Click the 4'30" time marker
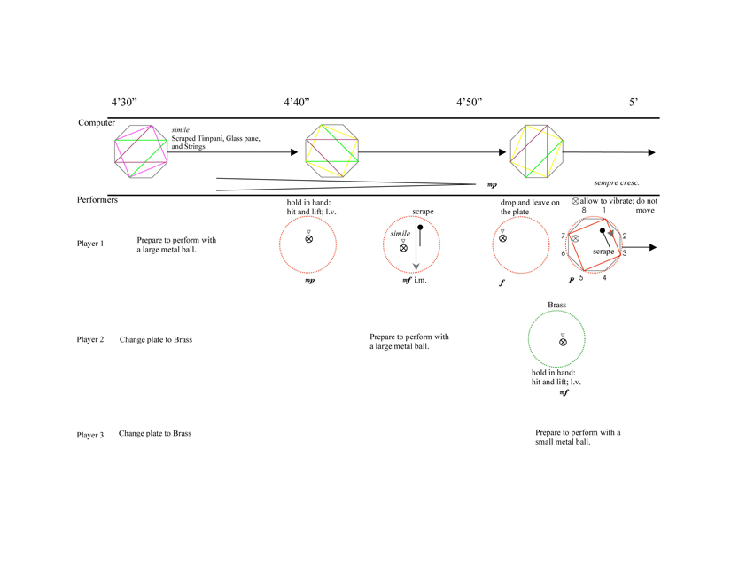123,103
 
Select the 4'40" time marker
296,103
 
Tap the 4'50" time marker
469,103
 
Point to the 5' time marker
634,103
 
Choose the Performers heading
97,201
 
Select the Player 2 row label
90,340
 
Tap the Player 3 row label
90,435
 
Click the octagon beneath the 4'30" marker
140,152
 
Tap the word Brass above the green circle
556,305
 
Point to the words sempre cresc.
617,182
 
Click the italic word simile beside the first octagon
181,129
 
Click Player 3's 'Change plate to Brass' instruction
155,434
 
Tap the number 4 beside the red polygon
604,278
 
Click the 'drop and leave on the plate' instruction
530,207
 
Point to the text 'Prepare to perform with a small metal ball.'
579,437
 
